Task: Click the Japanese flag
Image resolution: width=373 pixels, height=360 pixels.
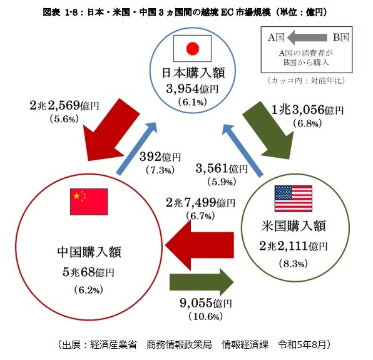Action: pos(193,48)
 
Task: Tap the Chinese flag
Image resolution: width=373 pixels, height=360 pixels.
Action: pos(89,202)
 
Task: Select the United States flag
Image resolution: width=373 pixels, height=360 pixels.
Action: pos(294,198)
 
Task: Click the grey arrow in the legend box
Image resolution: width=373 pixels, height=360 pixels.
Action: pos(307,38)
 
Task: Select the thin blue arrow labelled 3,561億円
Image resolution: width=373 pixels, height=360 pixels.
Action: pos(242,152)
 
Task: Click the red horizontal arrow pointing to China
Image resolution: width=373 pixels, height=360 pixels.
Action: pos(200,245)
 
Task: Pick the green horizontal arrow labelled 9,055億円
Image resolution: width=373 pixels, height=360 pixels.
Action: pos(202,282)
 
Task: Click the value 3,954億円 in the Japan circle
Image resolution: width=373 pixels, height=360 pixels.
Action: pos(192,89)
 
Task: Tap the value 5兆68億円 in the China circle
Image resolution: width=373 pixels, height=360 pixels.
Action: pos(88,272)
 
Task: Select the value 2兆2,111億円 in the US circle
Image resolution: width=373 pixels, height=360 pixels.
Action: pos(294,246)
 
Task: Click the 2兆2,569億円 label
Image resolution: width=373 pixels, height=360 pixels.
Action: pos(64,105)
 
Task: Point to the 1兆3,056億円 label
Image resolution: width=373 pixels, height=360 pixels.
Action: pos(307,110)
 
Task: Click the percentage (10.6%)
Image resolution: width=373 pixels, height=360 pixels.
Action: pos(206,316)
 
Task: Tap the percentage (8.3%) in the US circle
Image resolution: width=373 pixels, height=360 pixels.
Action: pos(294,264)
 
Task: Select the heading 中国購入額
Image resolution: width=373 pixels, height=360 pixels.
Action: pos(89,252)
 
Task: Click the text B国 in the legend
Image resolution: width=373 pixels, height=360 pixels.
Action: pos(340,38)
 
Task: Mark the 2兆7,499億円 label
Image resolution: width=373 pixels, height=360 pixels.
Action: pos(200,203)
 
